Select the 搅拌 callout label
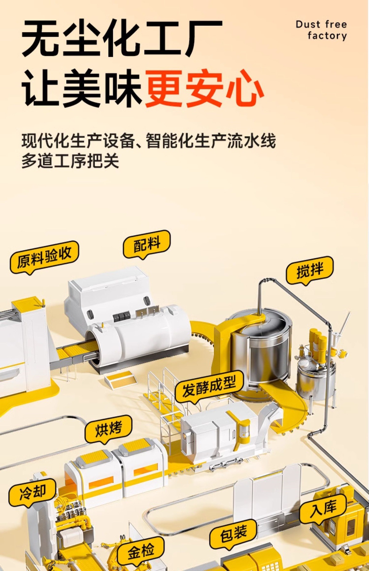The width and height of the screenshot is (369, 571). (x=309, y=270)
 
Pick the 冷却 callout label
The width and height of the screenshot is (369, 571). (x=32, y=492)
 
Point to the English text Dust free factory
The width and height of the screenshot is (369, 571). (x=322, y=30)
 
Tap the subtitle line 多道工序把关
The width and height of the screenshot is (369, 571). (x=70, y=161)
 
